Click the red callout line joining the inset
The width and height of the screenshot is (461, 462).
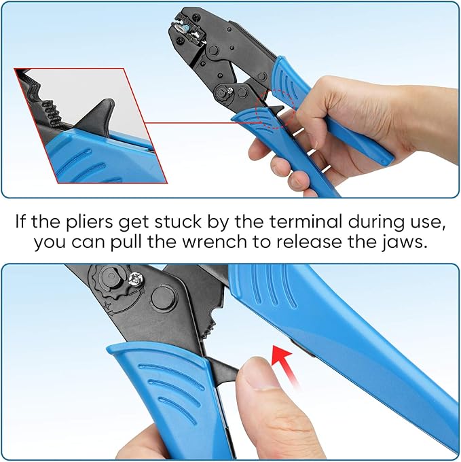tap(197, 123)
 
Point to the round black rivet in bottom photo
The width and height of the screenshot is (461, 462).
tap(163, 298)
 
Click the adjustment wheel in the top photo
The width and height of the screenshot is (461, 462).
tap(223, 92)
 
